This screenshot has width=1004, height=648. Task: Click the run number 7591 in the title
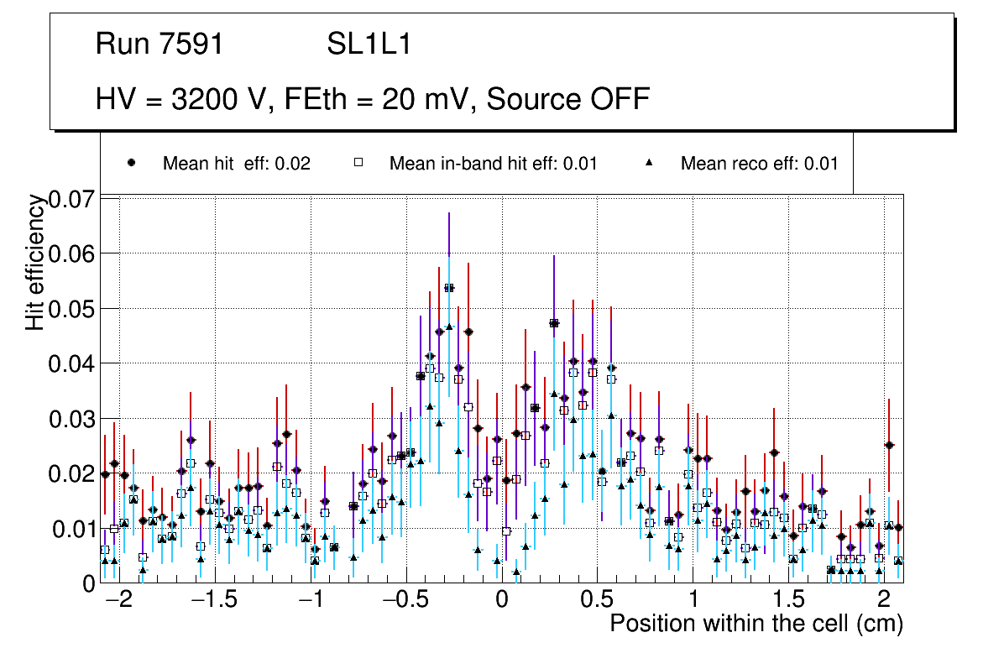pyautogui.click(x=192, y=44)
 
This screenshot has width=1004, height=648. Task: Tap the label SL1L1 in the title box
pyautogui.click(x=369, y=44)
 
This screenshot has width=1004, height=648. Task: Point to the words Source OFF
pyautogui.click(x=568, y=99)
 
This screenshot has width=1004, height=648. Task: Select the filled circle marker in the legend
pyautogui.click(x=132, y=163)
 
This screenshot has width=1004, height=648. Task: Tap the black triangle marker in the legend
pyautogui.click(x=650, y=163)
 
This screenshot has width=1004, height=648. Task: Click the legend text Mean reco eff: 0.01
pyautogui.click(x=759, y=163)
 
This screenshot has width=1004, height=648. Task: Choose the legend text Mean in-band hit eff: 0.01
pyautogui.click(x=493, y=163)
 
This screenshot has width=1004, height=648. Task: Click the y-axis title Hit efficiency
pyautogui.click(x=35, y=262)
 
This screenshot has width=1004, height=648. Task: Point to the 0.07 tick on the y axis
pyautogui.click(x=73, y=199)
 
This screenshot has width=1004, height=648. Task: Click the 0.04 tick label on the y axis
pyautogui.click(x=73, y=363)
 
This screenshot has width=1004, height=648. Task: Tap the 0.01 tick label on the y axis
pyautogui.click(x=73, y=529)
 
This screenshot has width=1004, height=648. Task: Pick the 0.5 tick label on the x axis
pyautogui.click(x=597, y=601)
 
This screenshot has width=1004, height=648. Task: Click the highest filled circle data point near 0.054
pyautogui.click(x=449, y=288)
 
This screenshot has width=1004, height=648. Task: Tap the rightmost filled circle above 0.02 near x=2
pyautogui.click(x=889, y=445)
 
